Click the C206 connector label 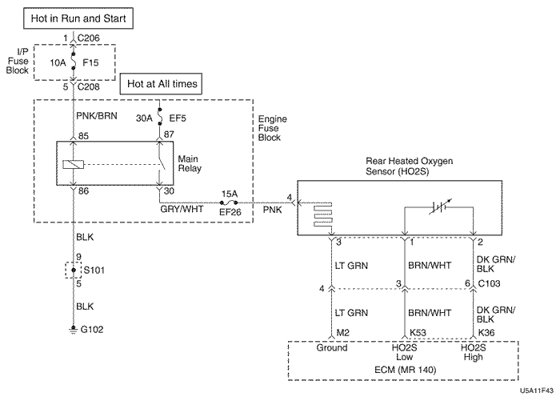pos(89,38)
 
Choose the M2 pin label pos(343,331)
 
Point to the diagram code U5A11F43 pos(536,392)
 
